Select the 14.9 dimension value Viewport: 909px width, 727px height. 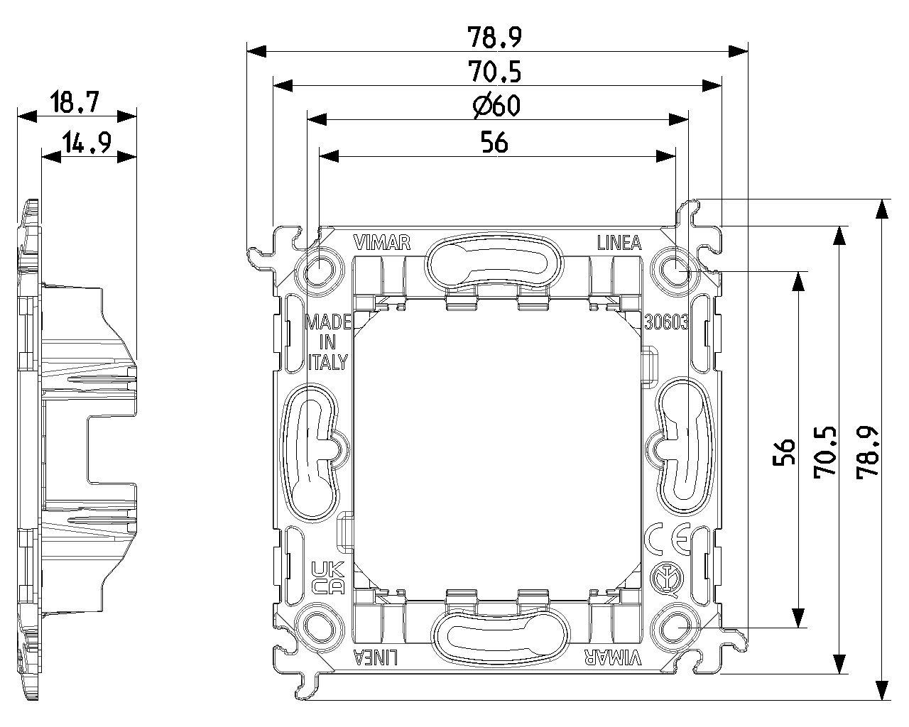pyautogui.click(x=86, y=143)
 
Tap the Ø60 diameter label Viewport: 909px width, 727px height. pyautogui.click(x=496, y=106)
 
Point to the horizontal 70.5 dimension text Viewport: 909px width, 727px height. pyautogui.click(x=495, y=72)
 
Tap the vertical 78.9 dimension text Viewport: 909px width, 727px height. pyautogui.click(x=868, y=452)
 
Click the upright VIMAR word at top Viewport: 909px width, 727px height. pyautogui.click(x=382, y=244)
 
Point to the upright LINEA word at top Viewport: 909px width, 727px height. pyautogui.click(x=619, y=244)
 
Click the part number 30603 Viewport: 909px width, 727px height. pyautogui.click(x=665, y=322)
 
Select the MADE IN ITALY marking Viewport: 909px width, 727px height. pyautogui.click(x=328, y=342)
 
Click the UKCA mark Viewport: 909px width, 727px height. pyautogui.click(x=328, y=577)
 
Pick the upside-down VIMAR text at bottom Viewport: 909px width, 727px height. pyautogui.click(x=612, y=657)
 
